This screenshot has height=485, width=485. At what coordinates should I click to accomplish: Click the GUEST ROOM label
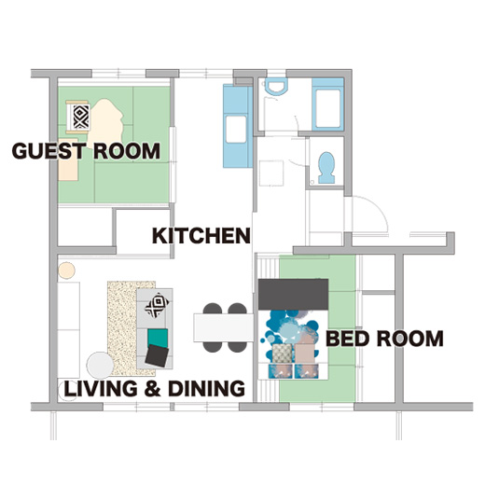point(86,151)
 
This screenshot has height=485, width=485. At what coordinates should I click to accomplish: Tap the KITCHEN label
point(201,236)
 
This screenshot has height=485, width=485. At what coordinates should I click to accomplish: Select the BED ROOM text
point(384,339)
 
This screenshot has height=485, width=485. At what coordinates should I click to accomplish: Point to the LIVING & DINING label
point(155,388)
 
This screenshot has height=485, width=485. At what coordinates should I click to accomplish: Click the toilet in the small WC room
point(326,168)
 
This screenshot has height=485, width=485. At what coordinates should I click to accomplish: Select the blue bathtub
point(327,104)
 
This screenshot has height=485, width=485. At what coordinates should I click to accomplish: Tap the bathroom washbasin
point(276,86)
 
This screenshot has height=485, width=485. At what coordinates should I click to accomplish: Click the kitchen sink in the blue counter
point(236,129)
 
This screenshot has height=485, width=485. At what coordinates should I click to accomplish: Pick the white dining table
point(224,327)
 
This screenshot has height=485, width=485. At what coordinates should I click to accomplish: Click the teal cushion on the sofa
point(158,338)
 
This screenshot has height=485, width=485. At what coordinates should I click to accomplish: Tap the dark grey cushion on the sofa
point(157,355)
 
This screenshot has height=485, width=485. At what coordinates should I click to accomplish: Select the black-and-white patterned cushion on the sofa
point(157,305)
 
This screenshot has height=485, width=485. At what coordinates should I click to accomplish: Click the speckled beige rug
point(122,328)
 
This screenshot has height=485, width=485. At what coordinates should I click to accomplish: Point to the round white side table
point(100,366)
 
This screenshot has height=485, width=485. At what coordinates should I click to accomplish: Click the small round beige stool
point(66,270)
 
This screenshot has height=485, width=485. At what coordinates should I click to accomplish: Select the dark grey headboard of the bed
point(293,294)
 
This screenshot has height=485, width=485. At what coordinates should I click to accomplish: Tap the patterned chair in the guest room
point(78,117)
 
